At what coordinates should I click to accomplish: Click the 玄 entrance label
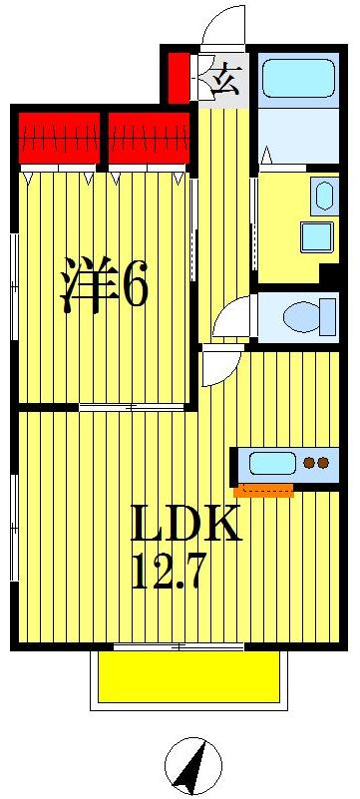(224, 82)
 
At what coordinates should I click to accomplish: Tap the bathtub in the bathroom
(298, 79)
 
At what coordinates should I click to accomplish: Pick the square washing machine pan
(316, 237)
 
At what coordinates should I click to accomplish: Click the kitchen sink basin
(273, 463)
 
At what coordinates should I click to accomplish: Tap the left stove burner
(309, 463)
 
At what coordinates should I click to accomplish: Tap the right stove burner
(323, 463)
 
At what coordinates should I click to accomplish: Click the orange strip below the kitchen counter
(263, 490)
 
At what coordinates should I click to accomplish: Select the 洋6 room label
(104, 284)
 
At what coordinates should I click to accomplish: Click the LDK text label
(185, 523)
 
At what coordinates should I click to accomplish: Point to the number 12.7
(169, 572)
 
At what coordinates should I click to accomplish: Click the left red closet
(59, 138)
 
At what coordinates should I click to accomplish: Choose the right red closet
(149, 138)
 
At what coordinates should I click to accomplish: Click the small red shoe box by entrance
(179, 78)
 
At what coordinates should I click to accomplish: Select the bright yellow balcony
(188, 677)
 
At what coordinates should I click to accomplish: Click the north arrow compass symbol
(193, 764)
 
